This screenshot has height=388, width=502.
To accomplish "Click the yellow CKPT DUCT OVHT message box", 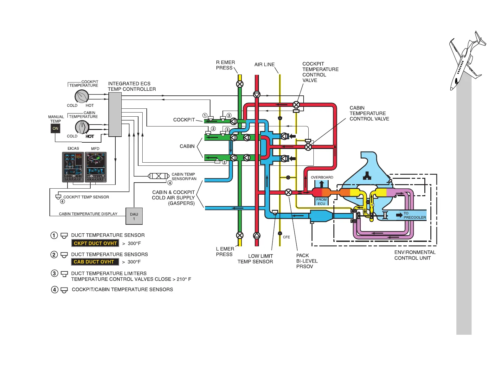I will (95, 243).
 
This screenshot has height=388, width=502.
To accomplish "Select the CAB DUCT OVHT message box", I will (94, 262).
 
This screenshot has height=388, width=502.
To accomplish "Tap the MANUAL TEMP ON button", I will (55, 128).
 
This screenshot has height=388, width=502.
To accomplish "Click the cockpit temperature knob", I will (82, 96).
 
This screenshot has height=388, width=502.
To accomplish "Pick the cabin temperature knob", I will (82, 127).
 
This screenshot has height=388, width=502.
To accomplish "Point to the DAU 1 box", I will (134, 216).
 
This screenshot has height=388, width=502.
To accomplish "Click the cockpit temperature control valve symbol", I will (296, 105).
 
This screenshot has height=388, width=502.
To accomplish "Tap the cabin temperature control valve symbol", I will (308, 147).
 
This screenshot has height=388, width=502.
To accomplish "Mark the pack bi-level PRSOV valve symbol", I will (288, 192).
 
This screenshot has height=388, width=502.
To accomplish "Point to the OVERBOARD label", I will (322, 178).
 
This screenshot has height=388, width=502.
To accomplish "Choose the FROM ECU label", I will (321, 202).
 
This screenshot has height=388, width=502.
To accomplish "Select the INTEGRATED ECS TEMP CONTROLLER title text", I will (132, 86).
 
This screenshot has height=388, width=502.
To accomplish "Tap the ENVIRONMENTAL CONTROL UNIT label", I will (415, 255).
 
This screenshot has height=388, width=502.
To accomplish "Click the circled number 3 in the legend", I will (55, 274).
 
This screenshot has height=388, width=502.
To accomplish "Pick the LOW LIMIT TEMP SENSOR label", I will (255, 259).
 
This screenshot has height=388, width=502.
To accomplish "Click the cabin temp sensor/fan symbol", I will (159, 176).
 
